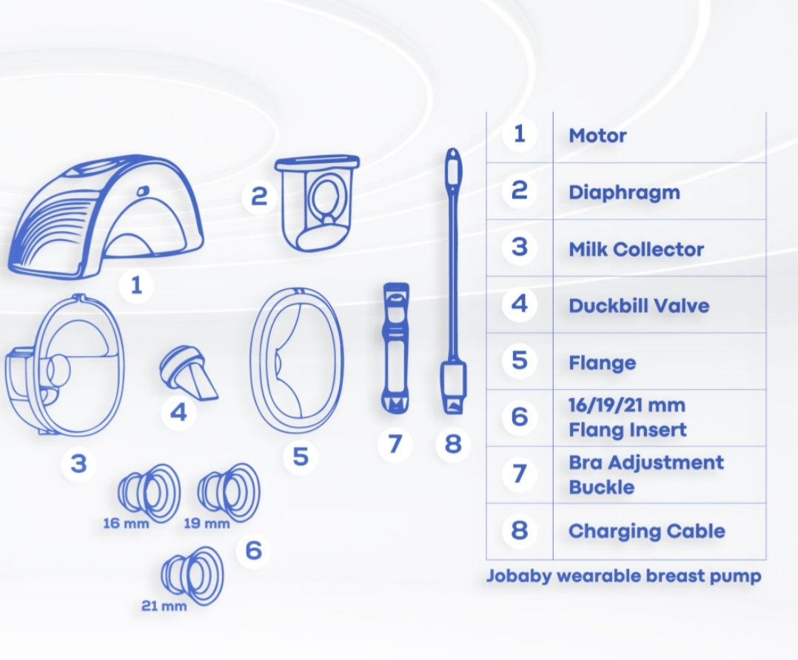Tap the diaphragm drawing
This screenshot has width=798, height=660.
317,204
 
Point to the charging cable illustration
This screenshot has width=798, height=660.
452,281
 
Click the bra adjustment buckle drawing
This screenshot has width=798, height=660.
395,348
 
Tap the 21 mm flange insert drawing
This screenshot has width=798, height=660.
192,576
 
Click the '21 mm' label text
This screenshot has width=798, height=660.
164,606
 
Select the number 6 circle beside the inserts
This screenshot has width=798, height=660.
253,550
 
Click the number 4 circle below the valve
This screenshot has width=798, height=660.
178,412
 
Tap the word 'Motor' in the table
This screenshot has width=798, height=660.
597,136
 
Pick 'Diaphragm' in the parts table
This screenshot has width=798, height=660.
624,193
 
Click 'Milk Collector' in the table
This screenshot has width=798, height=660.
636,249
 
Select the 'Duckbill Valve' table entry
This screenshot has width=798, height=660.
639,305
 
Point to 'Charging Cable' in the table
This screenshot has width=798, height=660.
646,531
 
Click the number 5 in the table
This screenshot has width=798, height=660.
519,361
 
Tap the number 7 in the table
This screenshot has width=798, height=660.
519,473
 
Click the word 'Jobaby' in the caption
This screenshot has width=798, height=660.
519,576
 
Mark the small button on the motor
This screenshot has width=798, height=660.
143,190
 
